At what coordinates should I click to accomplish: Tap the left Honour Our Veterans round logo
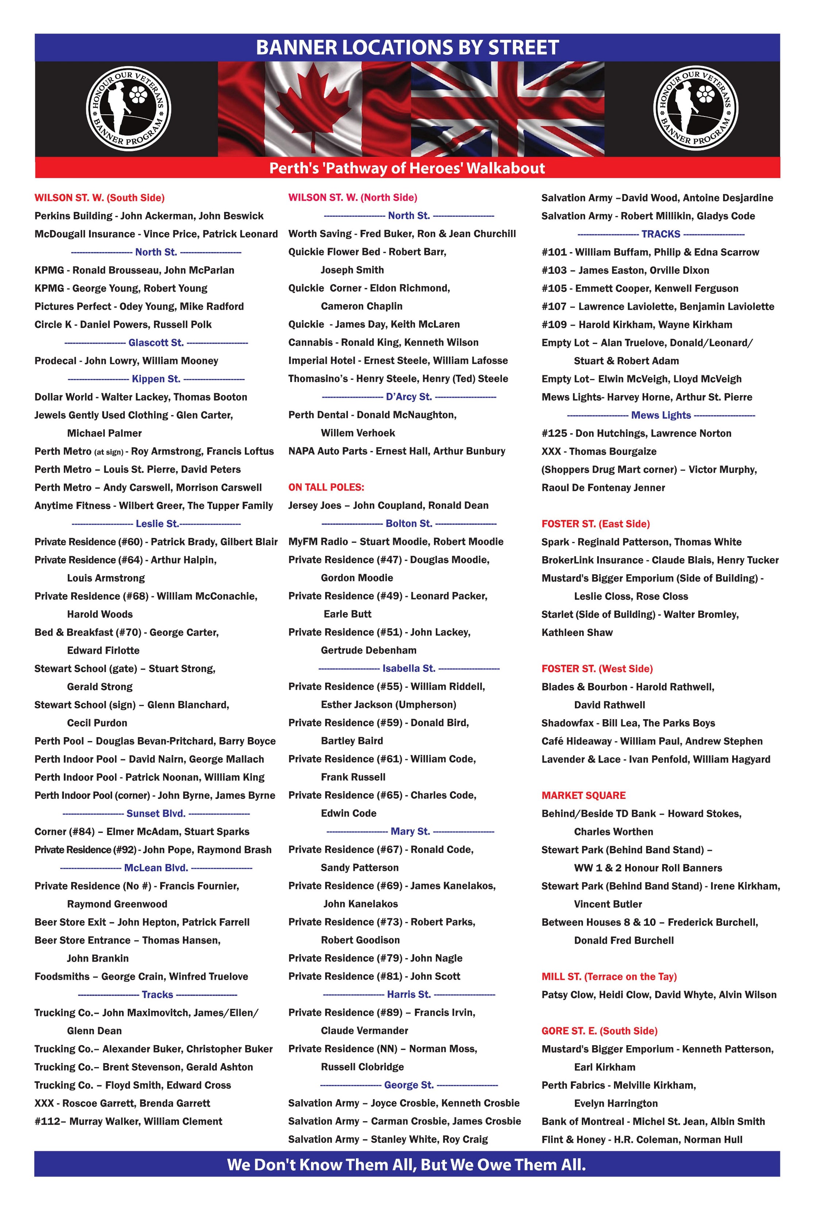tap(128, 109)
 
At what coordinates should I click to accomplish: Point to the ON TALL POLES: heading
tap(326, 487)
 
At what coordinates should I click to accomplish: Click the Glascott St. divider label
tap(155, 342)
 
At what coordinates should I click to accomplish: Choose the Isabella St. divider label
tap(408, 668)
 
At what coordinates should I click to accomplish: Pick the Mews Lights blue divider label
tap(661, 415)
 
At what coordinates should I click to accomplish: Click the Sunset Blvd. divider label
tap(155, 813)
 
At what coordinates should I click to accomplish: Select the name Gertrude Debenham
tap(368, 650)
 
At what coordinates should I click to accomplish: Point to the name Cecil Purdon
tap(97, 723)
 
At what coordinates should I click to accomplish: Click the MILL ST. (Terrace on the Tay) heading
tap(609, 976)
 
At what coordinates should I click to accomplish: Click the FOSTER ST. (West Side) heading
tap(597, 669)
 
